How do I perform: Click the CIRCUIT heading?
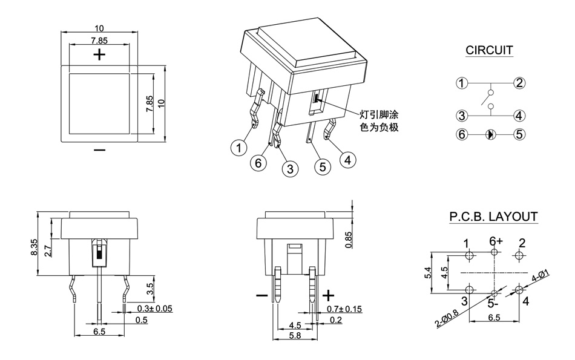tap(489, 50)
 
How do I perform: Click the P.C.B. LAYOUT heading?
tap(493, 217)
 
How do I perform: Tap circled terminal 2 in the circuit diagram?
tap(519, 83)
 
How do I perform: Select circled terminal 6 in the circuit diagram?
tap(462, 134)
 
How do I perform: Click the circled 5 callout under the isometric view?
tap(321, 165)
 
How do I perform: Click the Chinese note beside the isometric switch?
tap(379, 121)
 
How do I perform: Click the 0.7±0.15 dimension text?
tap(344, 309)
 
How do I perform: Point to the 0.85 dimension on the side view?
tap(348, 240)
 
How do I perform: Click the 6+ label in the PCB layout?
tap(496, 240)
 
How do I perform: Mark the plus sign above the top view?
tap(99, 55)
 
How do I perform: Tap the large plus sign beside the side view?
tap(328, 295)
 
